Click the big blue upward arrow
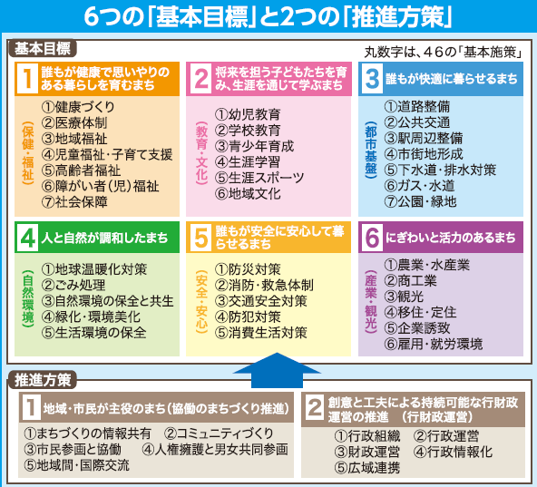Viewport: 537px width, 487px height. (277, 371)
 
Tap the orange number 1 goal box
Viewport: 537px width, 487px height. (97, 139)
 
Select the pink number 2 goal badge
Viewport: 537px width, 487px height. (201, 79)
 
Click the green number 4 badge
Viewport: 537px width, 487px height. (28, 238)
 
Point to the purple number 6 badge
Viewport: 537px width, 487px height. (372, 238)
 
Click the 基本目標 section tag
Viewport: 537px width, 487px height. (42, 49)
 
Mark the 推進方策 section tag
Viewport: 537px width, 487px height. (42, 380)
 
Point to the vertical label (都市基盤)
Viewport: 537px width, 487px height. (371, 150)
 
